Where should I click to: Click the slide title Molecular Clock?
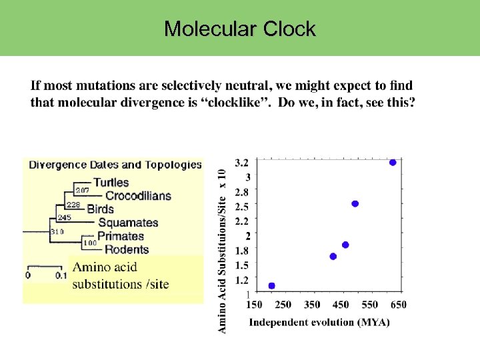240,29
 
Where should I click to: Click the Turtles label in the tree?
111,183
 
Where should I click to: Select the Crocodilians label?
138,196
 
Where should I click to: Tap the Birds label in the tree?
100,209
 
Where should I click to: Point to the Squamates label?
128,223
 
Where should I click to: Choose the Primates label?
121,236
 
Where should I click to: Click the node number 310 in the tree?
57,231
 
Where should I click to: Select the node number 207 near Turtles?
81,191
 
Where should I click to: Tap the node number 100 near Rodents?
89,243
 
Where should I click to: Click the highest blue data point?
393,163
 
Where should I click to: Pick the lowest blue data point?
271,286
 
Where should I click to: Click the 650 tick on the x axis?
398,305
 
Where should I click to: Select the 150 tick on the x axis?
254,305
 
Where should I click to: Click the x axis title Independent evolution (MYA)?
319,323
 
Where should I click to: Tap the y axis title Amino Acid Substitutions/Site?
223,250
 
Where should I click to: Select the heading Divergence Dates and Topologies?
115,165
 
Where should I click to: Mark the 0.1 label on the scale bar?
61,275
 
